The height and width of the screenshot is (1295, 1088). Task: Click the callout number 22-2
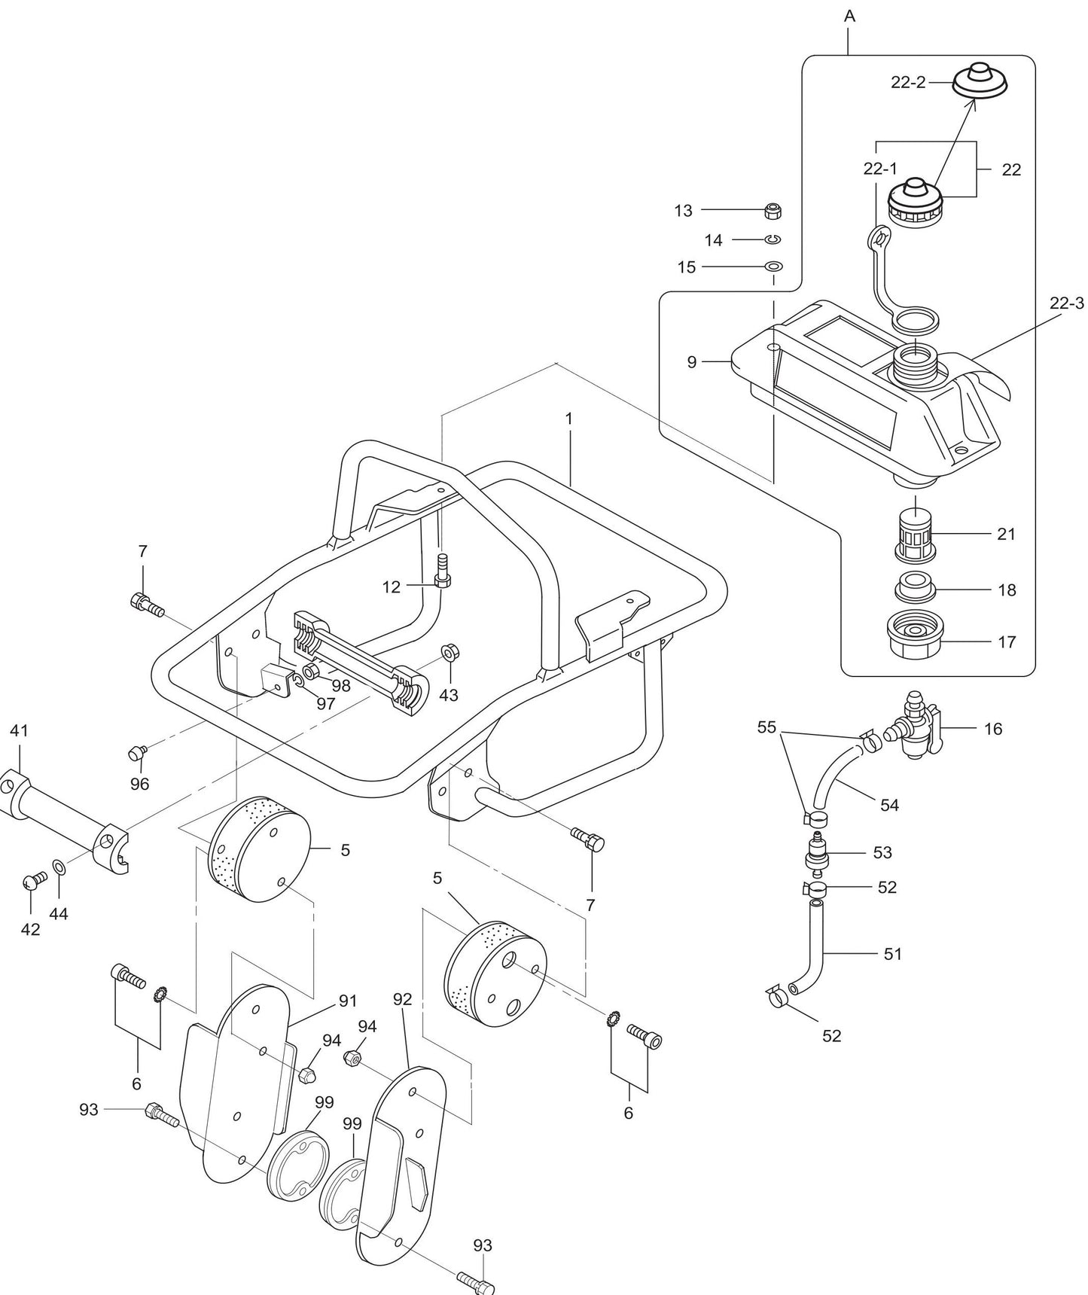[907, 83]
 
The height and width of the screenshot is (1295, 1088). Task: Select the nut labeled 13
[772, 211]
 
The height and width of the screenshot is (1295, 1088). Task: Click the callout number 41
[19, 730]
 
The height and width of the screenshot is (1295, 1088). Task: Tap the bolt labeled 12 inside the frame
[443, 572]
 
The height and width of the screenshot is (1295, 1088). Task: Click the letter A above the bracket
[850, 17]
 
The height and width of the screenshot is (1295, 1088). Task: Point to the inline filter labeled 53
[816, 852]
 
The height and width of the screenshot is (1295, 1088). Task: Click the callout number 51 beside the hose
[892, 954]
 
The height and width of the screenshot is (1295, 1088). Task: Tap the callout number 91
[347, 1001]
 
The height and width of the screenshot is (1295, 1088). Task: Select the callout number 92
[403, 999]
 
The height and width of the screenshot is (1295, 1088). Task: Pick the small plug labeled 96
[138, 751]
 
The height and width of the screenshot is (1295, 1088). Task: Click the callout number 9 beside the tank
[692, 362]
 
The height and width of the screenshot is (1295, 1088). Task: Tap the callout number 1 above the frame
[569, 419]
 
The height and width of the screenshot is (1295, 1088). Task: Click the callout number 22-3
[1067, 303]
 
